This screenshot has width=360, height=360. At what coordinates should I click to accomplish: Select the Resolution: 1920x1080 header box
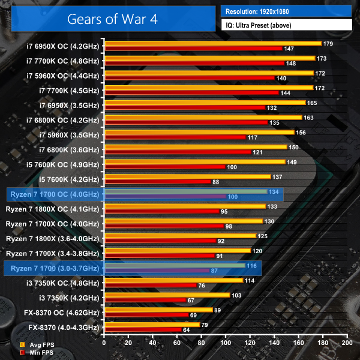(x=286, y=11)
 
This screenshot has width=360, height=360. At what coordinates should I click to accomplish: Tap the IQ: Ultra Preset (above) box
(x=286, y=25)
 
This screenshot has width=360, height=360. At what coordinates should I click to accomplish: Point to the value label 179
(x=328, y=44)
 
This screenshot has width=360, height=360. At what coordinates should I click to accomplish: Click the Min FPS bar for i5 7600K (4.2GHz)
(x=158, y=182)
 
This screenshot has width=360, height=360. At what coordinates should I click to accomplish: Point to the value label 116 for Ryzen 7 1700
(x=251, y=265)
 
